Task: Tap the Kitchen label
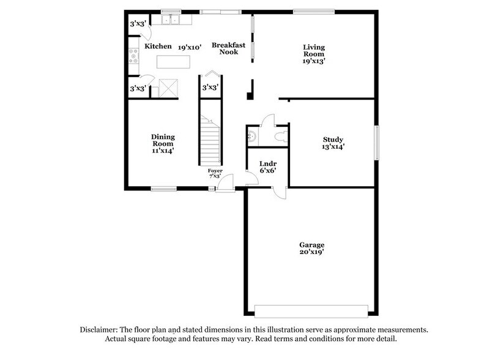click(x=158, y=46)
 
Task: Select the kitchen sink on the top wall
click(x=169, y=20)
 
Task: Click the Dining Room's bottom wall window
click(x=164, y=188)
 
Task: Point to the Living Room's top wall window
click(x=314, y=10)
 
